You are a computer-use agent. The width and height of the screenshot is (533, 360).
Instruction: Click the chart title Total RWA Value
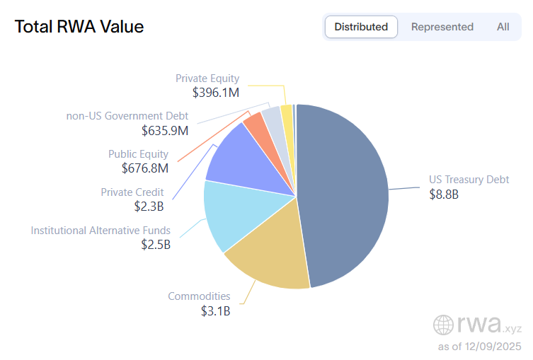[79, 27]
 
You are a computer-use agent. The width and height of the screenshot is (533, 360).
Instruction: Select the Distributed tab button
[361, 27]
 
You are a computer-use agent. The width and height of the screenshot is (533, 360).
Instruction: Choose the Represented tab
[442, 27]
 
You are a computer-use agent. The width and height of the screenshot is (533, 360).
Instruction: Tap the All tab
[503, 27]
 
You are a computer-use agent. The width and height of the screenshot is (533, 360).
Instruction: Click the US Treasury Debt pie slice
[347, 191]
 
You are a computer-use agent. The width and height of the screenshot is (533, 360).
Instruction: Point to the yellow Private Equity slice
[287, 112]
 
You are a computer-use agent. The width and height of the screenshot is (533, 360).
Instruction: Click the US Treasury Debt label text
[469, 180]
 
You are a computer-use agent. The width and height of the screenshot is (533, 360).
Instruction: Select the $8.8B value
[444, 194]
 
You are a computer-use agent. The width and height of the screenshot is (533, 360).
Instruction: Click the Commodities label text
[199, 296]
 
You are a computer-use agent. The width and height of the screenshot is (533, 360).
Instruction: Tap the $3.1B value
[215, 310]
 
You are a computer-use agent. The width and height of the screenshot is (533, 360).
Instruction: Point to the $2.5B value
[156, 245]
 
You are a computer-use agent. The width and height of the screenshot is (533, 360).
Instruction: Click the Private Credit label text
[132, 192]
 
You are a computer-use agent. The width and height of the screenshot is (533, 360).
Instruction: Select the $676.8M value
[145, 168]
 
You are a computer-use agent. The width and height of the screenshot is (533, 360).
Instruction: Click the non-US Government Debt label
[127, 116]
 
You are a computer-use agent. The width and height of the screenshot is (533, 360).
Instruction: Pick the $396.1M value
[216, 92]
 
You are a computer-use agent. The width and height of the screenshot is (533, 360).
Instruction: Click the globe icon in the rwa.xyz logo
[444, 325]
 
